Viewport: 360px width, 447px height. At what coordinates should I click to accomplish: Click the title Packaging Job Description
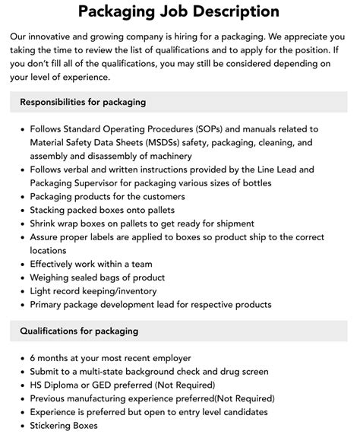pyautogui.click(x=179, y=12)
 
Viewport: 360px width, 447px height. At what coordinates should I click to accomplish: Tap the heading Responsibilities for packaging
pyautogui.click(x=84, y=102)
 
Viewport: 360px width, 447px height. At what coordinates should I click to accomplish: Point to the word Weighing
pyautogui.click(x=52, y=277)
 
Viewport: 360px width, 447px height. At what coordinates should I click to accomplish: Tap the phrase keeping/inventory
pyautogui.click(x=118, y=291)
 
